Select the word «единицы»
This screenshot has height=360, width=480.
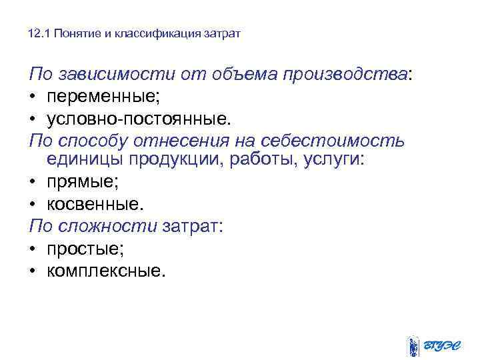84,161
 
